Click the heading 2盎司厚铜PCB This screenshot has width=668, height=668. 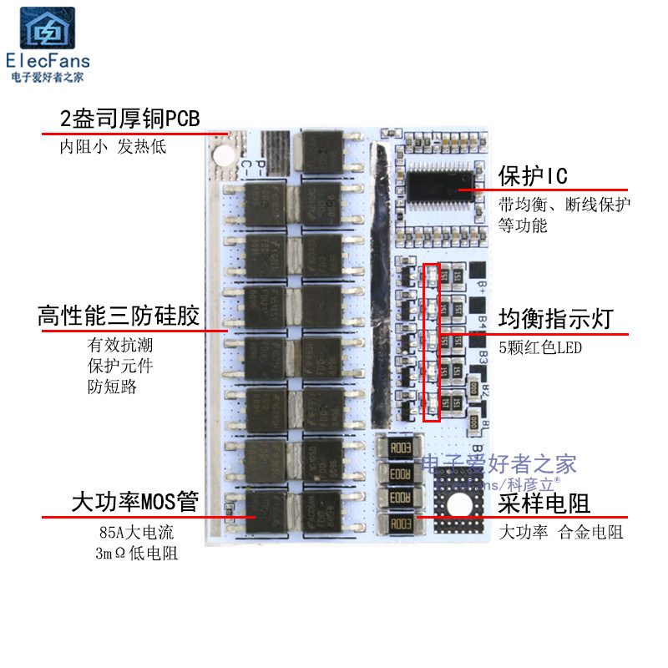[129, 118]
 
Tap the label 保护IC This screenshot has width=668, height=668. [533, 176]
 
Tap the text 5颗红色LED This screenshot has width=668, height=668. [540, 347]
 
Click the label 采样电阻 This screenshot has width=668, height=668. [544, 504]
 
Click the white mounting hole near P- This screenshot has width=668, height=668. [224, 155]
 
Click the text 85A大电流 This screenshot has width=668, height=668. [137, 532]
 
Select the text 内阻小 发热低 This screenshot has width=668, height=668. [113, 147]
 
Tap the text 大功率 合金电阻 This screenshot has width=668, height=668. [561, 532]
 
